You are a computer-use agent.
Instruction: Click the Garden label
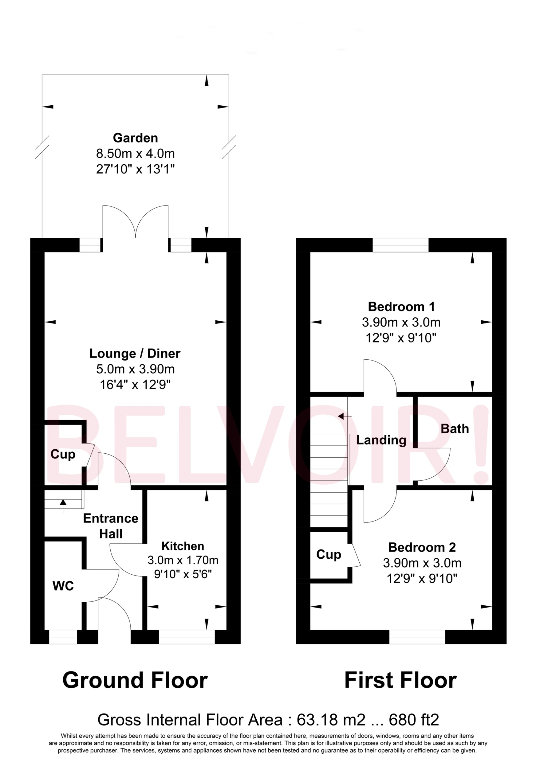tap(135, 138)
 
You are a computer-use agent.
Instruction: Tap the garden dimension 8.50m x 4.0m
tap(135, 154)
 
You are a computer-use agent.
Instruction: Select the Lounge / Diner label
tap(135, 354)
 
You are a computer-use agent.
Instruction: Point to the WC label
tap(63, 586)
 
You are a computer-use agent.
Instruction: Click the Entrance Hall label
tap(111, 526)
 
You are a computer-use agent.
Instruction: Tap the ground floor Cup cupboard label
tap(63, 454)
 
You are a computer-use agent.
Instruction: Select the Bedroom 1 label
tap(401, 307)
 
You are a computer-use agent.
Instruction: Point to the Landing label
tap(381, 440)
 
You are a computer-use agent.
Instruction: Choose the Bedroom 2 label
tap(422, 547)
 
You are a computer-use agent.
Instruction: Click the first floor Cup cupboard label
tap(329, 554)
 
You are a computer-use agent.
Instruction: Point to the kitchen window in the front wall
tap(187, 637)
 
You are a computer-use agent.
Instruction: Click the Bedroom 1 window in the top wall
tap(400, 245)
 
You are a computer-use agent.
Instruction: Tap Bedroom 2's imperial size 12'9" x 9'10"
tap(422, 579)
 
